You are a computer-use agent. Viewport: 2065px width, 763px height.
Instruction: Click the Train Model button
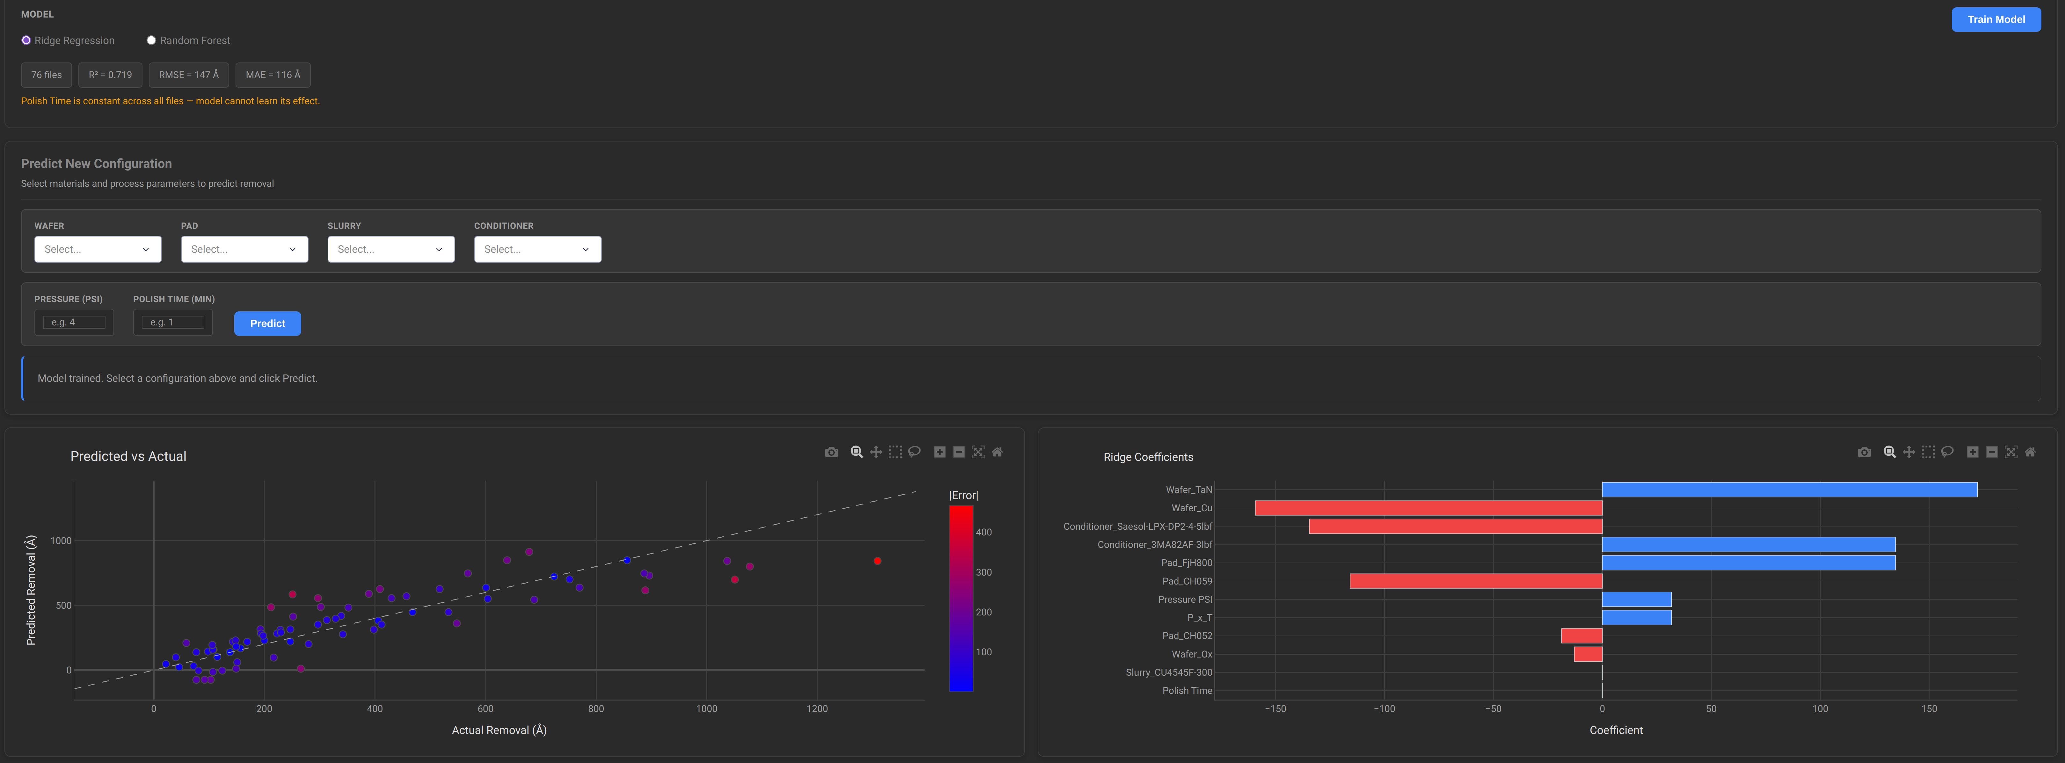pyautogui.click(x=1995, y=19)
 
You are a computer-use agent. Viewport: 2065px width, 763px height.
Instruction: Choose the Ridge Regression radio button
pyautogui.click(x=26, y=40)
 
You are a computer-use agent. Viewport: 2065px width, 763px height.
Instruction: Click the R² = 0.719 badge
pyautogui.click(x=111, y=75)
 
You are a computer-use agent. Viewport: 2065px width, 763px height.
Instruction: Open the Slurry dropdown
pyautogui.click(x=390, y=249)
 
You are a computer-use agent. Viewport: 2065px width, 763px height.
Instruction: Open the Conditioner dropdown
pyautogui.click(x=537, y=249)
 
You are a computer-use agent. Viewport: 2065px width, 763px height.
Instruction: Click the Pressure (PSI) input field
pyautogui.click(x=74, y=322)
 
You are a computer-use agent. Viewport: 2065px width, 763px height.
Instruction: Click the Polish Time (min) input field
pyautogui.click(x=172, y=322)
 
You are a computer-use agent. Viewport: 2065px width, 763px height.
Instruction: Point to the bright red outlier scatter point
pyautogui.click(x=877, y=561)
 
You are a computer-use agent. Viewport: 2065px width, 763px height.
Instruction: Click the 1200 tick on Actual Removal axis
pyautogui.click(x=817, y=708)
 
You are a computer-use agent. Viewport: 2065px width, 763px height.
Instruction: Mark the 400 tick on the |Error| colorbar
pyautogui.click(x=984, y=532)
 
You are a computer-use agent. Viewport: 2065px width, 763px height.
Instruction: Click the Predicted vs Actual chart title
pyautogui.click(x=128, y=456)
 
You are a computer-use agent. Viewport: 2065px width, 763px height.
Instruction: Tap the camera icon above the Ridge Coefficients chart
pyautogui.click(x=1864, y=452)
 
